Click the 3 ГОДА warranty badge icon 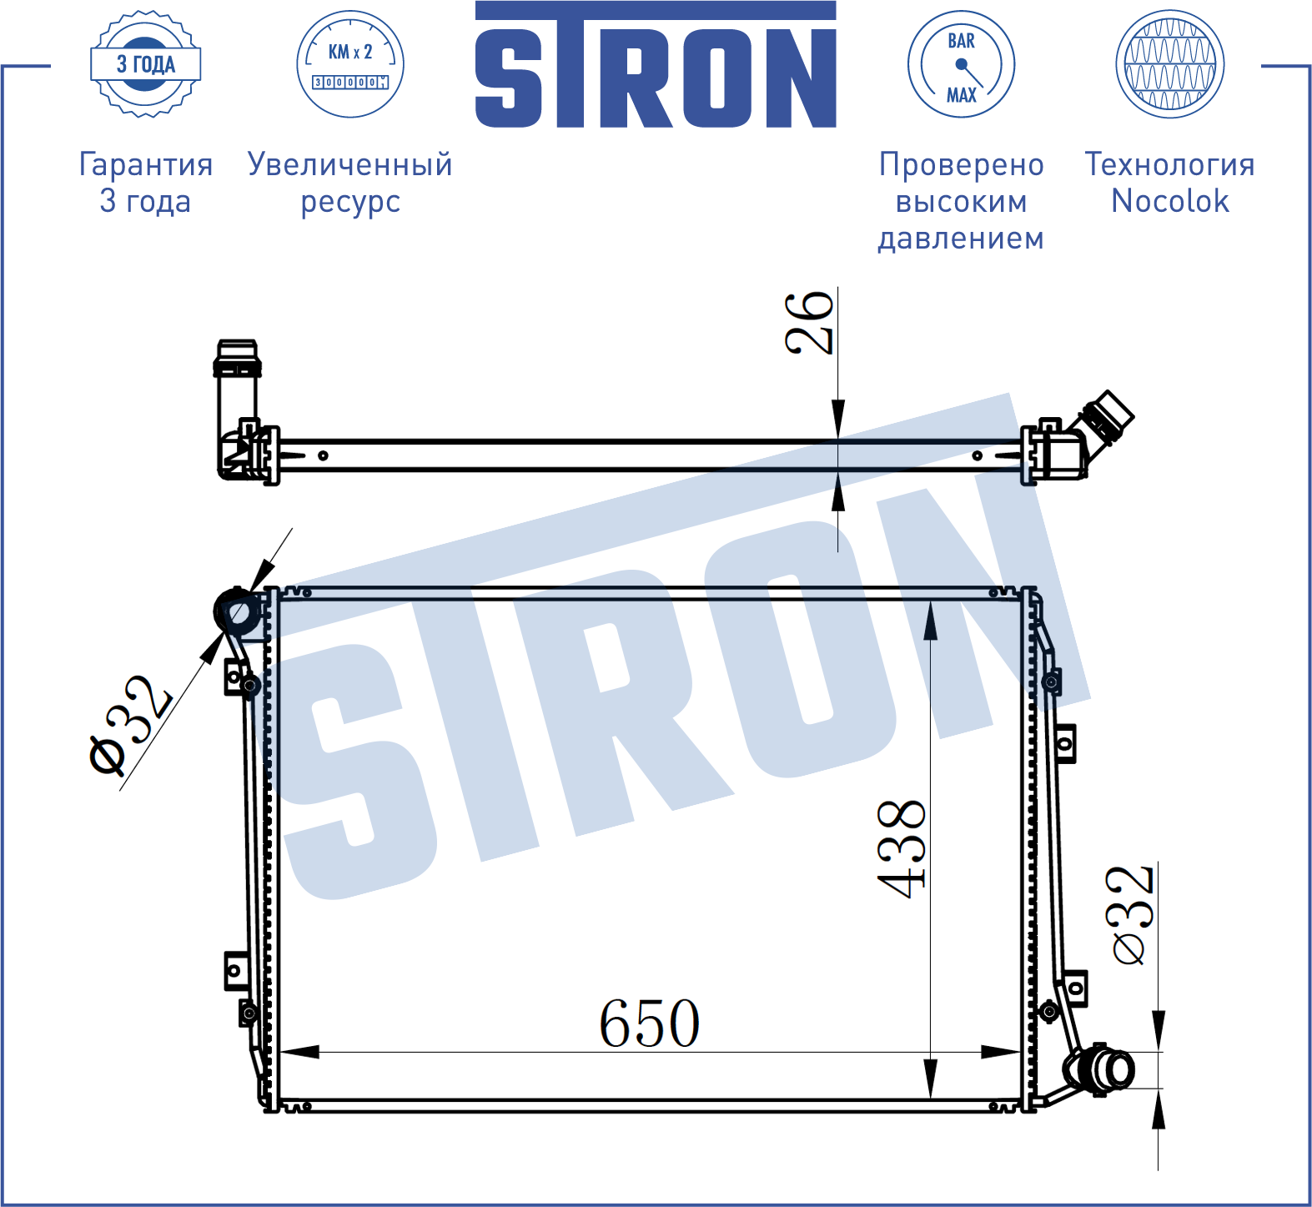click(145, 64)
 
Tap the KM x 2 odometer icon click(350, 64)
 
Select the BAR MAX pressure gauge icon click(961, 64)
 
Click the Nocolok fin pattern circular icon click(1169, 64)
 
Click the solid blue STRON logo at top click(656, 64)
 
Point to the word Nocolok click(1170, 201)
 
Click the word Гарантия click(146, 164)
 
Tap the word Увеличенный click(350, 164)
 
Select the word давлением click(961, 239)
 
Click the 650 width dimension click(650, 1023)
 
